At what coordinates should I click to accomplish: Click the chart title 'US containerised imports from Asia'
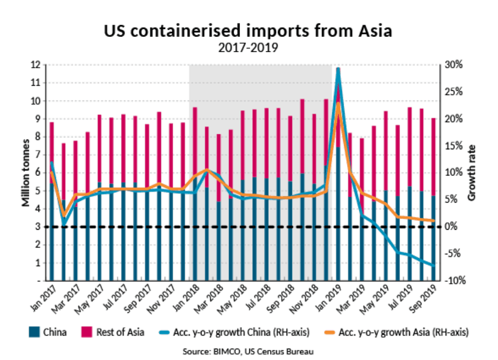point(248,31)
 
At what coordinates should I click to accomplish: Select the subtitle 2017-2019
point(248,48)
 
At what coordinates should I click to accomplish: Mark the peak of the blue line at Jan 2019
point(338,68)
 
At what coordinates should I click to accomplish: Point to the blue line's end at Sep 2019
point(434,265)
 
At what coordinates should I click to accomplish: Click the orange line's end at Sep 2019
point(434,221)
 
